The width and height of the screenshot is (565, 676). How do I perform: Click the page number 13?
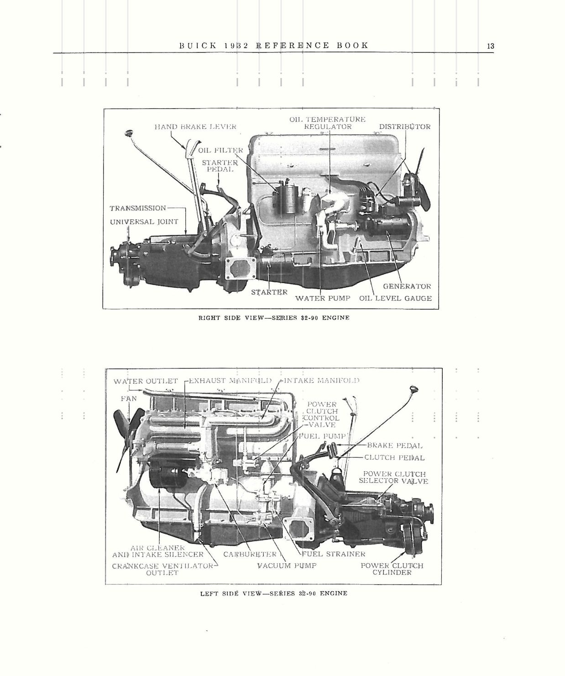coord(491,46)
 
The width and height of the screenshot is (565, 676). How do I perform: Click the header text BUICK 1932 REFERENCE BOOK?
coord(273,45)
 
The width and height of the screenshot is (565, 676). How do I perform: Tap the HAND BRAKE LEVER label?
coord(195,127)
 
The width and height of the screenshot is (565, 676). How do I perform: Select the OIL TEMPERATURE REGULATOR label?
coord(327,123)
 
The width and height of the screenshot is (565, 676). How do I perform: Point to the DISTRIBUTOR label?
coord(404,127)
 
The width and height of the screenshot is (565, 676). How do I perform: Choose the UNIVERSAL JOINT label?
coord(144,222)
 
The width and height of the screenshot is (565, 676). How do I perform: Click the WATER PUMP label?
coord(323,298)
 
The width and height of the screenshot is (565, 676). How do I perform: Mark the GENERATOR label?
coord(407,286)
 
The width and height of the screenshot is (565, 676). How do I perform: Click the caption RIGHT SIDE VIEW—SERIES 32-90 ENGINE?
coord(273,317)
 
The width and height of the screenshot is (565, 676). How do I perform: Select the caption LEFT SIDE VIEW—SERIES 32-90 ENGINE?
coord(273,593)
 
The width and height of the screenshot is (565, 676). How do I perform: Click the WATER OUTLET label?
coord(146,381)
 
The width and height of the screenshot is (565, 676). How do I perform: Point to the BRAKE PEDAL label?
coord(394,445)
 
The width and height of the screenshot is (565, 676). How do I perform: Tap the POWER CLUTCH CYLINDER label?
coord(392,569)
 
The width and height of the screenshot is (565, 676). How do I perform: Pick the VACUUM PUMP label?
coord(287,565)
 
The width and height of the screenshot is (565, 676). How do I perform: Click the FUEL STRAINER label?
coord(334,554)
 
